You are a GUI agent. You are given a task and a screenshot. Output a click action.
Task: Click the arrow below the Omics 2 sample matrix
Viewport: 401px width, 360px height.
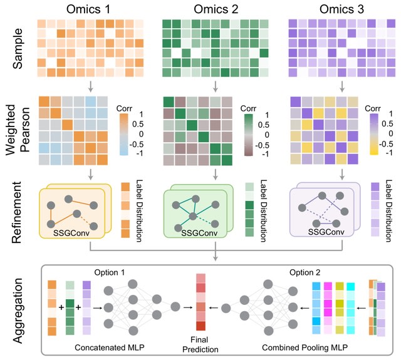[x=215, y=84]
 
